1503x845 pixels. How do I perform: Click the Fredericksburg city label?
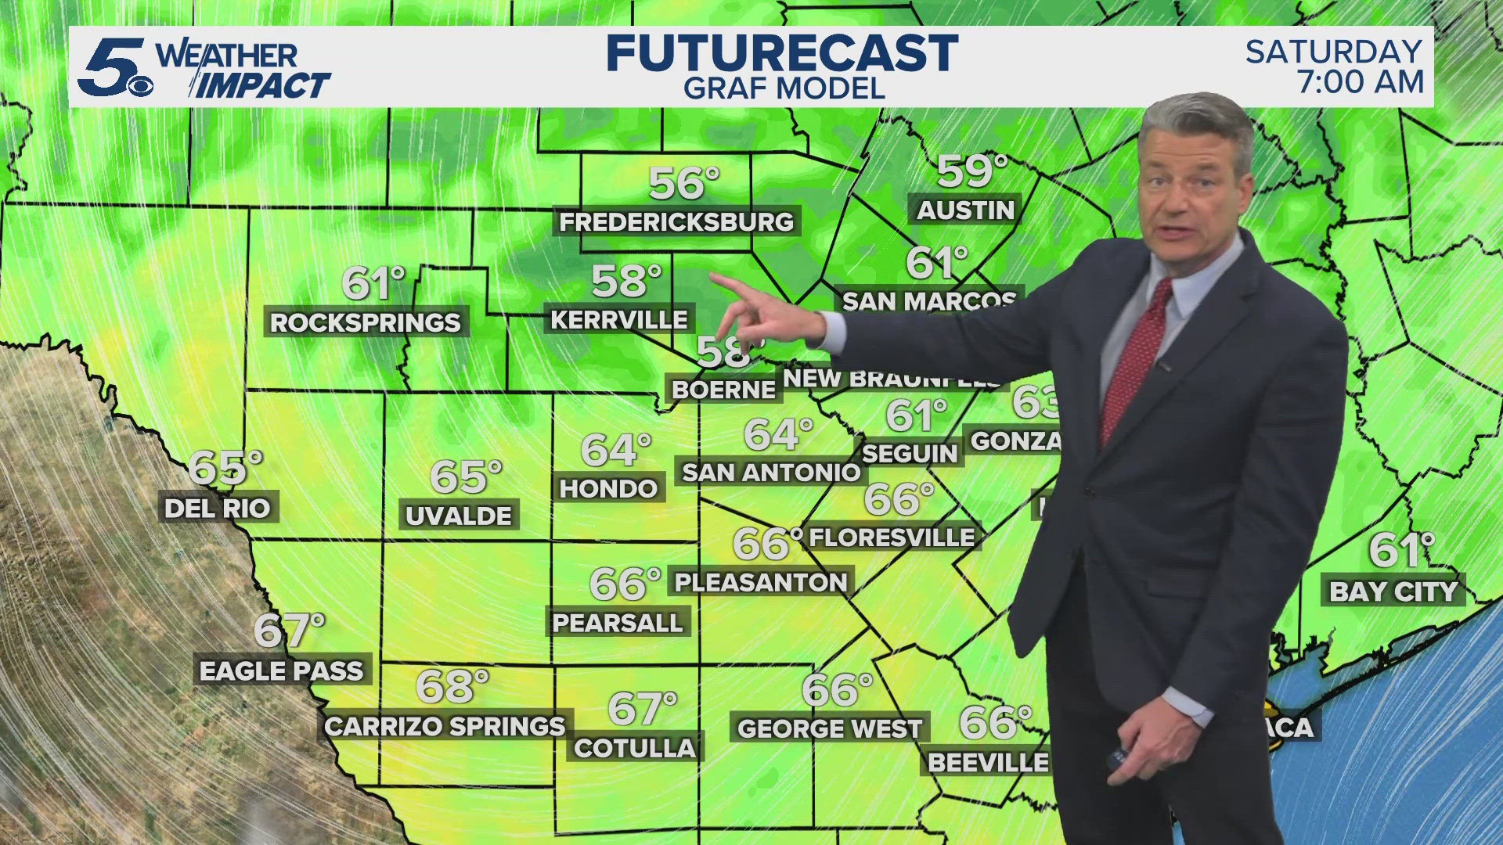click(676, 222)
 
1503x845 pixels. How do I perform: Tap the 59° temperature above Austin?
click(971, 172)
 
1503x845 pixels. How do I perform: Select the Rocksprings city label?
click(366, 322)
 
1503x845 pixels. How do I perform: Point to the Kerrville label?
click(619, 320)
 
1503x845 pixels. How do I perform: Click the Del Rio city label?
click(218, 509)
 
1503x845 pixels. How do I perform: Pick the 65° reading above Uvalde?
click(465, 476)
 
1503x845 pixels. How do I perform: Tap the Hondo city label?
click(608, 489)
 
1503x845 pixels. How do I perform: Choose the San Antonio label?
click(771, 473)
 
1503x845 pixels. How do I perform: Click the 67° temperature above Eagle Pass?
click(289, 631)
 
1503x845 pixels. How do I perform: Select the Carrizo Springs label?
click(445, 727)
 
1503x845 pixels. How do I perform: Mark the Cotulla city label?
click(635, 749)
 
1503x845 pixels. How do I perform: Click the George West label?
click(830, 729)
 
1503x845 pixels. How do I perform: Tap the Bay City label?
click(1394, 591)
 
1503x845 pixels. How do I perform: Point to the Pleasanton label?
click(761, 583)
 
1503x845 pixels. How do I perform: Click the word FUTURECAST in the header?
click(782, 53)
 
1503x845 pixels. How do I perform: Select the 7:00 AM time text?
click(1361, 82)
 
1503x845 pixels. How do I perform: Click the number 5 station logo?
click(114, 67)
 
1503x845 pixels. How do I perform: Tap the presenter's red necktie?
click(1135, 360)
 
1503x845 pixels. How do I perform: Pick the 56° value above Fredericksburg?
click(683, 184)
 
